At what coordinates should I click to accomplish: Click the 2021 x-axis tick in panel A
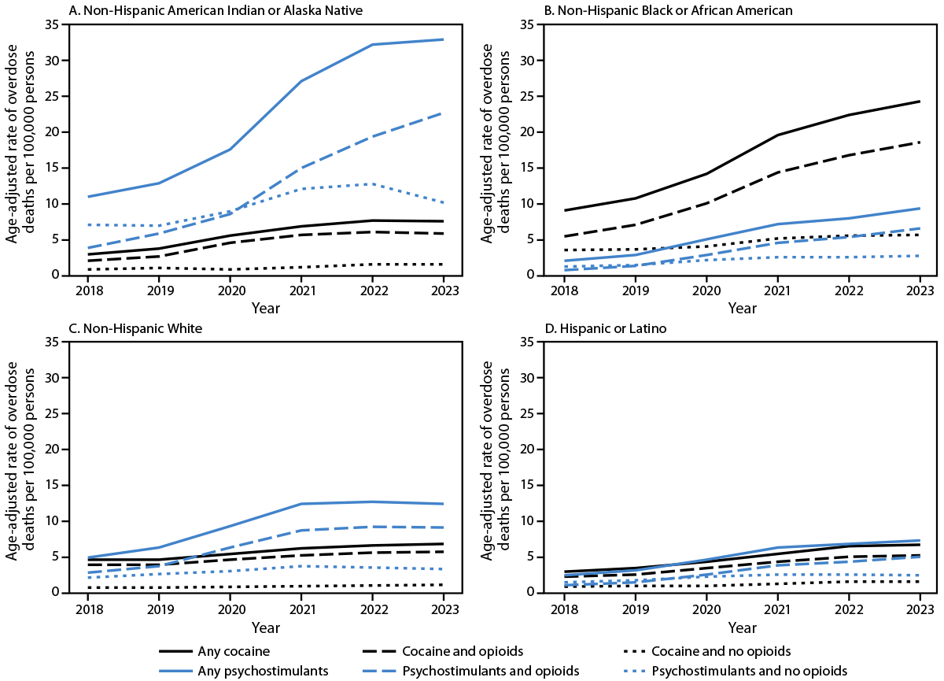[301, 290]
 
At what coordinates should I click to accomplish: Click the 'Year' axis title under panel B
[742, 309]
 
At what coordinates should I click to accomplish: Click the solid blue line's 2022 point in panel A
[372, 44]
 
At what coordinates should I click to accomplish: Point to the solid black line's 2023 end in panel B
[919, 101]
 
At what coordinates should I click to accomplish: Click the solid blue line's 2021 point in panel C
[301, 504]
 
